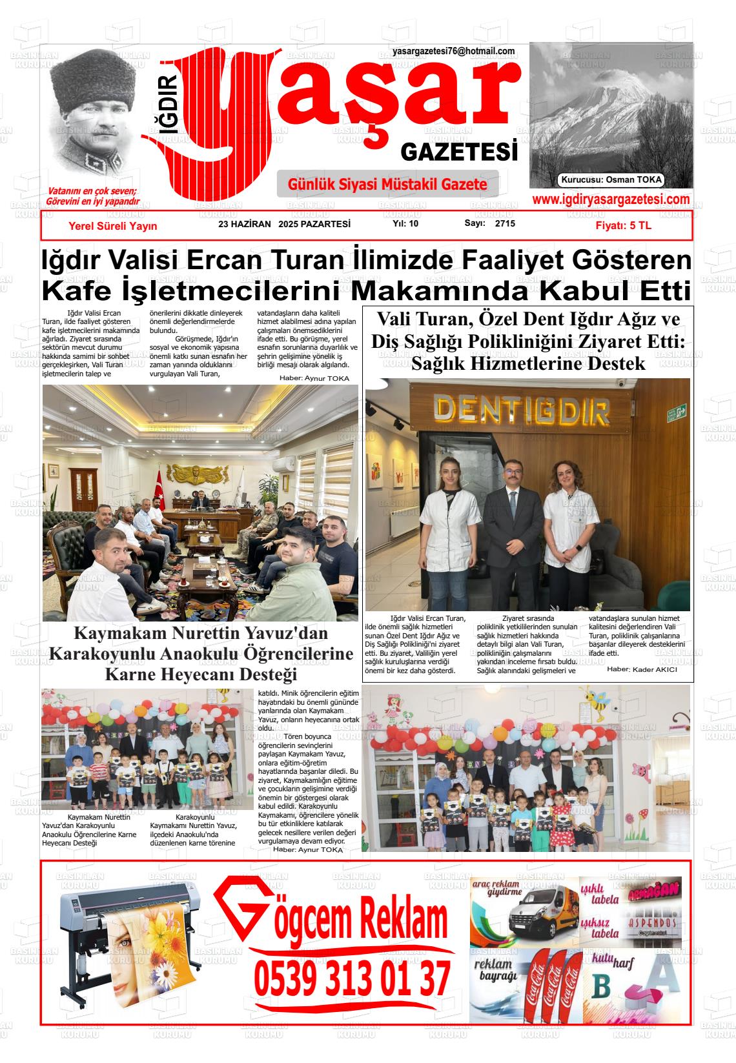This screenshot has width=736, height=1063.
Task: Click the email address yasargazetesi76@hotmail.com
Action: pos(453,52)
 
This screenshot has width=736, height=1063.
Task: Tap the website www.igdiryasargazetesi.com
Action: pos(611,200)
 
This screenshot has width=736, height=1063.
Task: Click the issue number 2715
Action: pos(505,224)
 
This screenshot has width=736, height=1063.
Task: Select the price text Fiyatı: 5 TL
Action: pos(623,226)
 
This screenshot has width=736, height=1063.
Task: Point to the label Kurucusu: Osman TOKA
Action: pos(611,181)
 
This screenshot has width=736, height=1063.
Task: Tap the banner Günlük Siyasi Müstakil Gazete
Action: pos(387,185)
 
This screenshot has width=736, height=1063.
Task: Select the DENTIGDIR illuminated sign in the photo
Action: pos(522,410)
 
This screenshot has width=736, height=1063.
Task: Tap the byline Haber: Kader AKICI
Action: pos(642,669)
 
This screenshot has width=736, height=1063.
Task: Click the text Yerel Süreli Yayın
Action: pos(113,226)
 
